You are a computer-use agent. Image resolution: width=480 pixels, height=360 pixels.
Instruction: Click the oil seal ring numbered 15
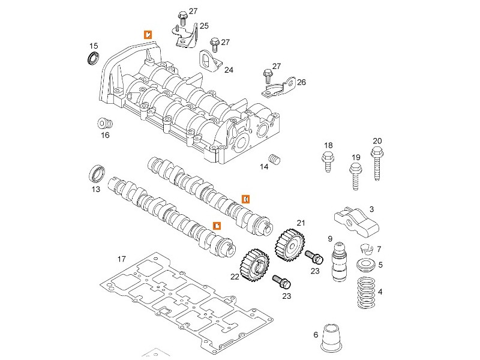point(92,59)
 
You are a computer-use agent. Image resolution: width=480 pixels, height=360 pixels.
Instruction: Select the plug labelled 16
point(105,124)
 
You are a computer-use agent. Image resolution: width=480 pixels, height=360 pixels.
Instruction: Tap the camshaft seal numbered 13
point(97,173)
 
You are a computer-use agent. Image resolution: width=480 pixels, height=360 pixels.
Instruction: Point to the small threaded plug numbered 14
point(276,160)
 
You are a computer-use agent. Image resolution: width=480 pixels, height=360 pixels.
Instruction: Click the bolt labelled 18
point(328,161)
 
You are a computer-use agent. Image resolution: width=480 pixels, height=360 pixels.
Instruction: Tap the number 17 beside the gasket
point(121,260)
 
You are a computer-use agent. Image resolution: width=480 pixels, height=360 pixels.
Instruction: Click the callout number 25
point(204,26)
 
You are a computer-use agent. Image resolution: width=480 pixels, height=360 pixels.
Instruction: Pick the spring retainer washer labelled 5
point(364,265)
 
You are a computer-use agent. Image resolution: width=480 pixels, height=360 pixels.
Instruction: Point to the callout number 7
point(379,249)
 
